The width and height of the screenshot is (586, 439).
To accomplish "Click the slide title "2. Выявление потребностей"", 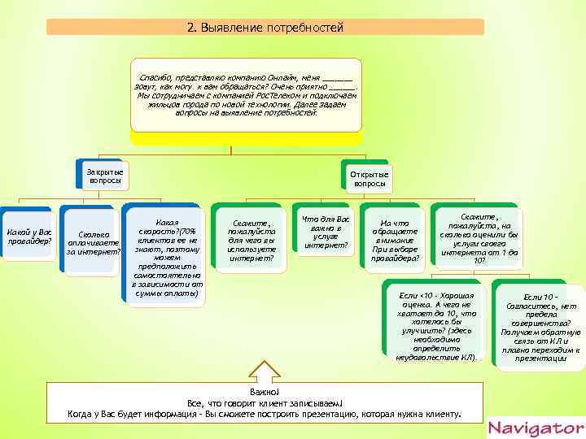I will tap(265, 28).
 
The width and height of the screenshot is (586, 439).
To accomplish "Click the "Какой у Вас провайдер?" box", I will tap(29, 237).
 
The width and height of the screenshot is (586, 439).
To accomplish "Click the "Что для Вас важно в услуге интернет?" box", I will tap(326, 232).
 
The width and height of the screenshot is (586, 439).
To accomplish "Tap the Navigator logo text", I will tap(536, 428).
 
